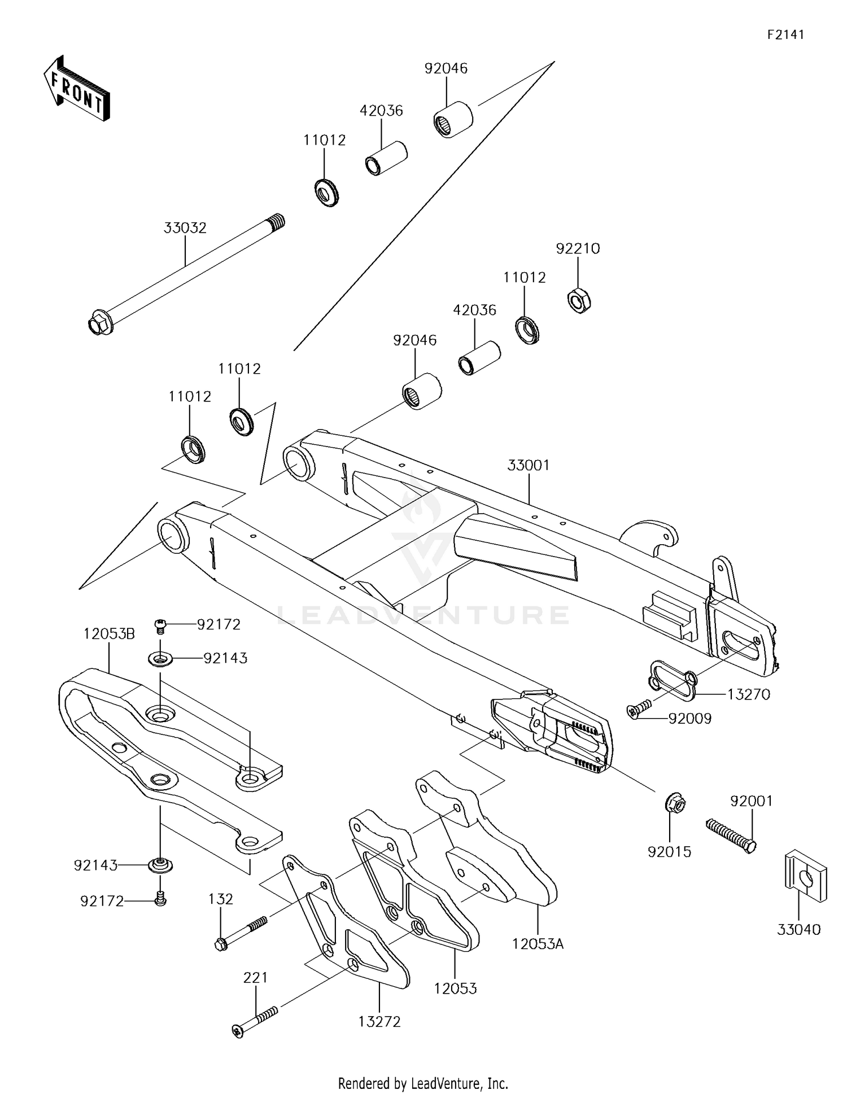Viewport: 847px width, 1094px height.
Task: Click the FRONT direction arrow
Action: pos(77,89)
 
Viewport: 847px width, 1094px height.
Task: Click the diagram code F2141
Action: pos(785,34)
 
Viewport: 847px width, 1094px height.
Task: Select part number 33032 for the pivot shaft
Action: pos(185,228)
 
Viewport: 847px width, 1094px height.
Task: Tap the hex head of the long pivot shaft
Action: pos(97,325)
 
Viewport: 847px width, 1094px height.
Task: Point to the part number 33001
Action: pos(528,466)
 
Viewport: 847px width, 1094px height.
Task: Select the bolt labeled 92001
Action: pos(731,835)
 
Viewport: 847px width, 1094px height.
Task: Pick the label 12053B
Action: pos(109,634)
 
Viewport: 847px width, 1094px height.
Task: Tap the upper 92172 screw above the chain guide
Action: pos(160,624)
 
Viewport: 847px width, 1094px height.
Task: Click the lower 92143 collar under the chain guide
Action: pos(160,865)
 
